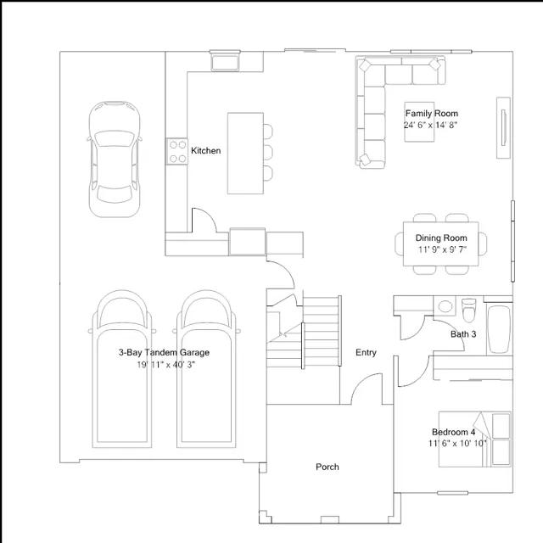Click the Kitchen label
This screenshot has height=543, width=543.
click(205, 151)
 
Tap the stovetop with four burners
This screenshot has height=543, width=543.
click(177, 151)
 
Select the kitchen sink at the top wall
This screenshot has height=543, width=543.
click(225, 61)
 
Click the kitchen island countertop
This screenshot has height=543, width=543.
click(245, 153)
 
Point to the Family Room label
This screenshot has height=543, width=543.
click(432, 113)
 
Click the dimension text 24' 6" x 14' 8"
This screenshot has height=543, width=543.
click(430, 125)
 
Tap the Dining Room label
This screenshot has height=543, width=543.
click(441, 238)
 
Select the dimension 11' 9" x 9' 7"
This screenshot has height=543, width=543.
click(442, 249)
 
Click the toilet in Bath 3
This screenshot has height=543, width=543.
click(469, 310)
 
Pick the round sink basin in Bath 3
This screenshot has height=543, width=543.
click(445, 306)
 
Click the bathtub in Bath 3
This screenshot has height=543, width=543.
click(499, 328)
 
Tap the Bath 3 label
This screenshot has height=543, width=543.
click(463, 334)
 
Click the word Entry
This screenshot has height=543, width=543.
click(366, 353)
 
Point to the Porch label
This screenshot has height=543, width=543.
click(327, 467)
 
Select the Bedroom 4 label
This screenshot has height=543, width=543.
click(453, 432)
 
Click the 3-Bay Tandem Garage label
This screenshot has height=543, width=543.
click(164, 353)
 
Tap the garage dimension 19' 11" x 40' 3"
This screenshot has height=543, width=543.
click(166, 365)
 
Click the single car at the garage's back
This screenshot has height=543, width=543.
click(115, 160)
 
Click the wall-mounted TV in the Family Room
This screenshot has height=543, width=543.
click(503, 127)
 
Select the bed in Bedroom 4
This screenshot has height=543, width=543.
click(475, 439)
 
